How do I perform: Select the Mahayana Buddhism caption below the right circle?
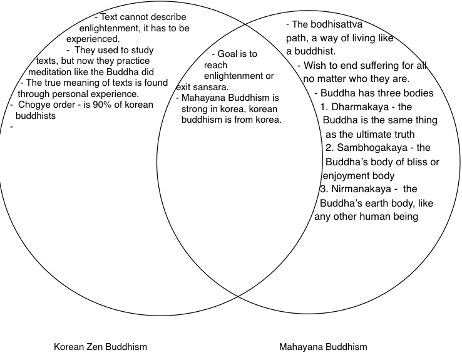(x=322, y=346)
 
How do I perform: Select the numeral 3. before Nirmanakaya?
(x=323, y=189)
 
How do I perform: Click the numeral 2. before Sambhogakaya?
(x=329, y=148)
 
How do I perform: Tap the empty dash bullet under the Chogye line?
(x=11, y=127)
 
